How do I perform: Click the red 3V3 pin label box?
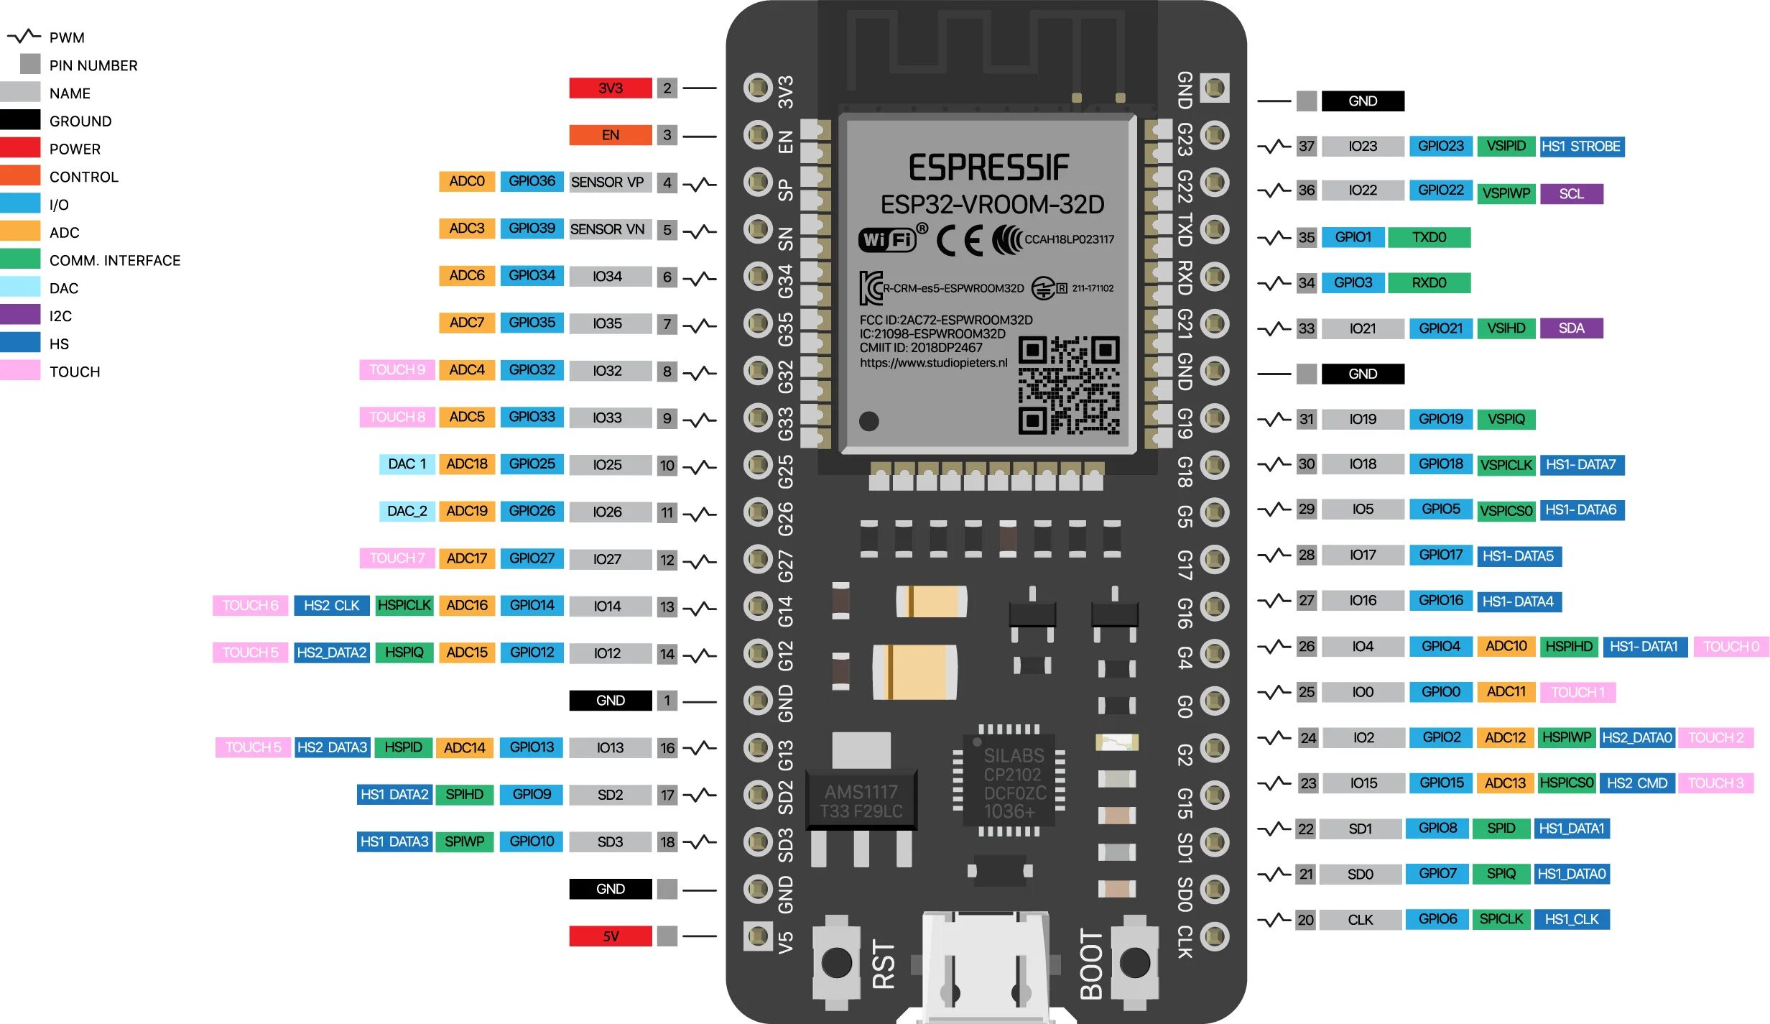pyautogui.click(x=610, y=88)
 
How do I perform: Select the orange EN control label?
pyautogui.click(x=610, y=134)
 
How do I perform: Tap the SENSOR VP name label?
pyautogui.click(x=607, y=182)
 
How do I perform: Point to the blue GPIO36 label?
pyautogui.click(x=532, y=181)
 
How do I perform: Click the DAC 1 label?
pyautogui.click(x=407, y=464)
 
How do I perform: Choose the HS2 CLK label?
pyautogui.click(x=331, y=606)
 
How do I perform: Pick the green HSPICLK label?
pyautogui.click(x=404, y=606)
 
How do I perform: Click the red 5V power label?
pyautogui.click(x=610, y=936)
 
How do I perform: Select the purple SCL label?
pyautogui.click(x=1571, y=193)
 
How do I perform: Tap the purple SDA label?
pyautogui.click(x=1571, y=328)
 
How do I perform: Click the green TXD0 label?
pyautogui.click(x=1429, y=237)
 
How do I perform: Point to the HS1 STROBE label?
pyautogui.click(x=1580, y=147)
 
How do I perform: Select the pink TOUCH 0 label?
pyautogui.click(x=1730, y=647)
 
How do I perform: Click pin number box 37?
pyautogui.click(x=1306, y=147)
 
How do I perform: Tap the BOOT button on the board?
pyautogui.click(x=1134, y=961)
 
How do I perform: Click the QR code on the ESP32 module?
pyautogui.click(x=1068, y=385)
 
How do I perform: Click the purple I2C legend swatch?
pyautogui.click(x=20, y=315)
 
